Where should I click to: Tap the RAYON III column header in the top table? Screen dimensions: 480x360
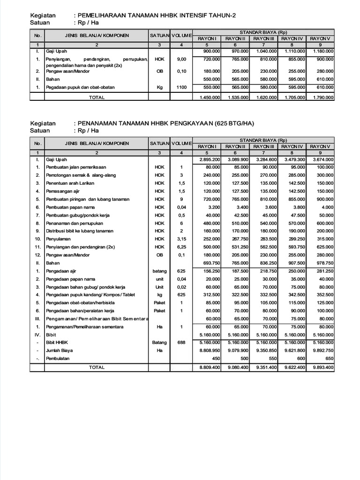[263, 38]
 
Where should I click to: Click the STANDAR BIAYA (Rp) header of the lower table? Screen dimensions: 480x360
[263, 140]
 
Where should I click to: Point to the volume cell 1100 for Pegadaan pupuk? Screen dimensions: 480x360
[181, 88]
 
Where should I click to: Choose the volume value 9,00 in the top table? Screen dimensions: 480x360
[181, 60]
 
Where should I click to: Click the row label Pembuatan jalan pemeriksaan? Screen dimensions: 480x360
[75, 167]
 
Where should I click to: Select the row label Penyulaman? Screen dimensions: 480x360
[58, 239]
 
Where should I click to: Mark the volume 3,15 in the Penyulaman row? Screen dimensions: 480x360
[181, 239]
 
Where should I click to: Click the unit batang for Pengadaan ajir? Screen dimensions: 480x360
[159, 271]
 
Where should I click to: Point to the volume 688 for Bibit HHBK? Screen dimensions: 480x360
[181, 343]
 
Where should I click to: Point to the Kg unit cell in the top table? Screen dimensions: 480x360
[159, 88]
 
